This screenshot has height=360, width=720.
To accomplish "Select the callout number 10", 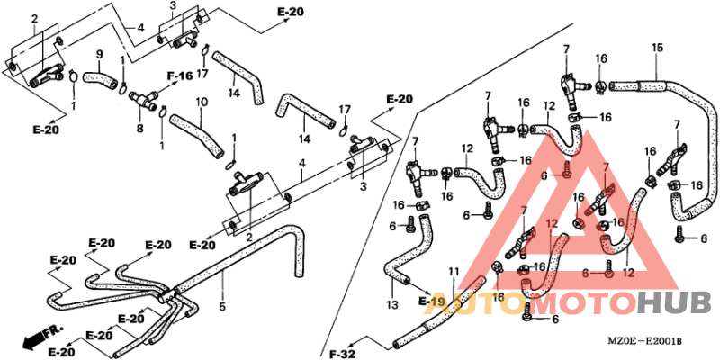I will pyautogui.click(x=201, y=102).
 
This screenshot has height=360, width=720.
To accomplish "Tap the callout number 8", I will pyautogui.click(x=139, y=130).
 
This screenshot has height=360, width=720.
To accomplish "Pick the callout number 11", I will pyautogui.click(x=453, y=271).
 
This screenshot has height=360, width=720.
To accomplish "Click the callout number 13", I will pyautogui.click(x=391, y=305).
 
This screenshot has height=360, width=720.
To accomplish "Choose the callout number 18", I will pyautogui.click(x=499, y=296).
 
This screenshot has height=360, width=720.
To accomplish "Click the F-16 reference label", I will pyautogui.click(x=180, y=76).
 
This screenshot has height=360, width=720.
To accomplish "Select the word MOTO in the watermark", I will pyautogui.click(x=586, y=303).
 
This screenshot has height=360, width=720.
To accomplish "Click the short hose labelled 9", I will pyautogui.click(x=101, y=81).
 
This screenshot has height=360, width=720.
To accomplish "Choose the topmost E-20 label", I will pyautogui.click(x=290, y=12).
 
